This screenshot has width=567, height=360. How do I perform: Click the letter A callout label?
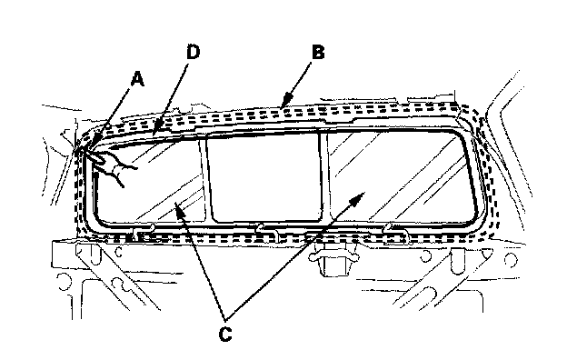(137, 79)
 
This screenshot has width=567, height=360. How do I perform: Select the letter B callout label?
(318, 52)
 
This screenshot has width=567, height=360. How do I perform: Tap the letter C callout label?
(225, 335)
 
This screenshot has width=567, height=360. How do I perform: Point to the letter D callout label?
(194, 52)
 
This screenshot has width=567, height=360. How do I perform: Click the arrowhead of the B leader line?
(286, 101)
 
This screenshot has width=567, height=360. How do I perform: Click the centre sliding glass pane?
(265, 176)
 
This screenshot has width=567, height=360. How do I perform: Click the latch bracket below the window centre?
(333, 259)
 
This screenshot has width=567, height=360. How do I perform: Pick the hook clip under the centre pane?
(266, 233)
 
